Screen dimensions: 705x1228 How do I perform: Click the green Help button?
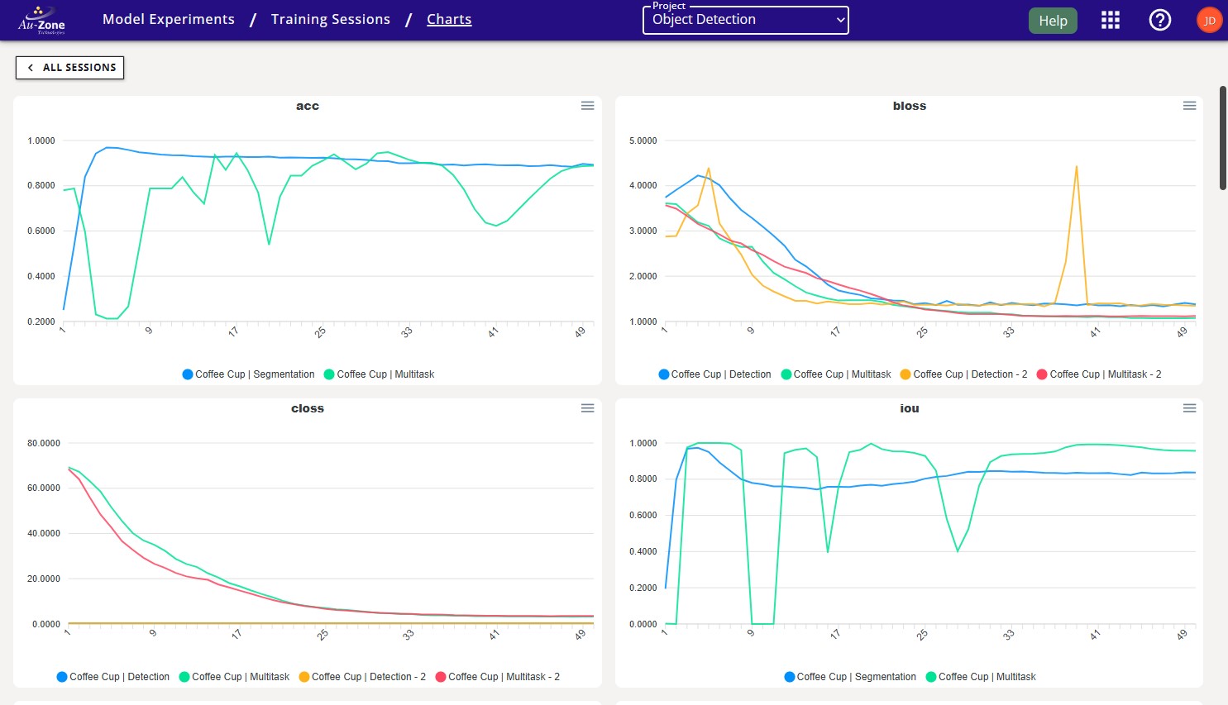pos(1052,21)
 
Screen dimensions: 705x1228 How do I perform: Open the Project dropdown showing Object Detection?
pos(745,20)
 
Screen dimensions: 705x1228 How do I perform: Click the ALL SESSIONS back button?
pos(70,68)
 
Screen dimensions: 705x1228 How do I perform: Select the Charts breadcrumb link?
pos(449,19)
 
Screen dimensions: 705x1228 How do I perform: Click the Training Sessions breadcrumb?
pos(330,19)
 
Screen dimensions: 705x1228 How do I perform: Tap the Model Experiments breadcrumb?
pos(169,19)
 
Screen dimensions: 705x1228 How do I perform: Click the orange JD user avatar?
pos(1209,21)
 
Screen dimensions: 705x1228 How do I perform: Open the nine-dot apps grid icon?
pos(1110,21)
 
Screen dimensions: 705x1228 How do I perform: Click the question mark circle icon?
pos(1159,21)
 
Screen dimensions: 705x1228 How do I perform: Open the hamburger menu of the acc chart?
pos(587,106)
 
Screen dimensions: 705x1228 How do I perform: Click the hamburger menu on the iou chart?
pos(1189,408)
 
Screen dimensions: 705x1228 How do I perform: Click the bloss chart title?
pos(909,106)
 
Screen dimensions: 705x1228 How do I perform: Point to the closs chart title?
pos(307,408)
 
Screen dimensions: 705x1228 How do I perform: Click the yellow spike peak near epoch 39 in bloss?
pos(1076,167)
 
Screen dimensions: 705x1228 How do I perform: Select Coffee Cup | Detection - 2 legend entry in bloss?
pos(963,374)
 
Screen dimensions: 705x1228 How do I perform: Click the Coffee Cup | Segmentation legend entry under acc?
pos(248,374)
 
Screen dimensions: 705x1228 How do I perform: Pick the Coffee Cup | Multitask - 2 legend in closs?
pos(498,677)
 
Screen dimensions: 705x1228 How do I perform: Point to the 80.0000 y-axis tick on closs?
pos(44,444)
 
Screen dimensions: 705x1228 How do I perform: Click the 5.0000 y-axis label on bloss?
pos(643,141)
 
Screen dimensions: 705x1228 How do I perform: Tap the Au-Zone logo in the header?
pos(41,21)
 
